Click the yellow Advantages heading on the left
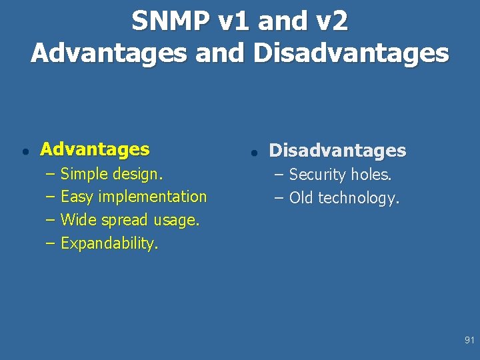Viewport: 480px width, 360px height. coord(95,149)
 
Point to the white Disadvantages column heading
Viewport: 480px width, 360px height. coord(337,151)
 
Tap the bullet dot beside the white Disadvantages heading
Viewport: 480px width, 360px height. coord(253,153)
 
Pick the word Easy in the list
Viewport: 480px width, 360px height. coord(77,197)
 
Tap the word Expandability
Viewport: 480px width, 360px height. coord(109,243)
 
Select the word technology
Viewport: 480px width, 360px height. coord(359,198)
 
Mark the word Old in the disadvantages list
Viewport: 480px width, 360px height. coord(301,198)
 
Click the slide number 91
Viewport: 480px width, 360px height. coord(469,341)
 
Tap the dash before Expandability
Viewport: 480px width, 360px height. coord(50,243)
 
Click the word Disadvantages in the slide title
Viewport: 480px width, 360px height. coord(351,53)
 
